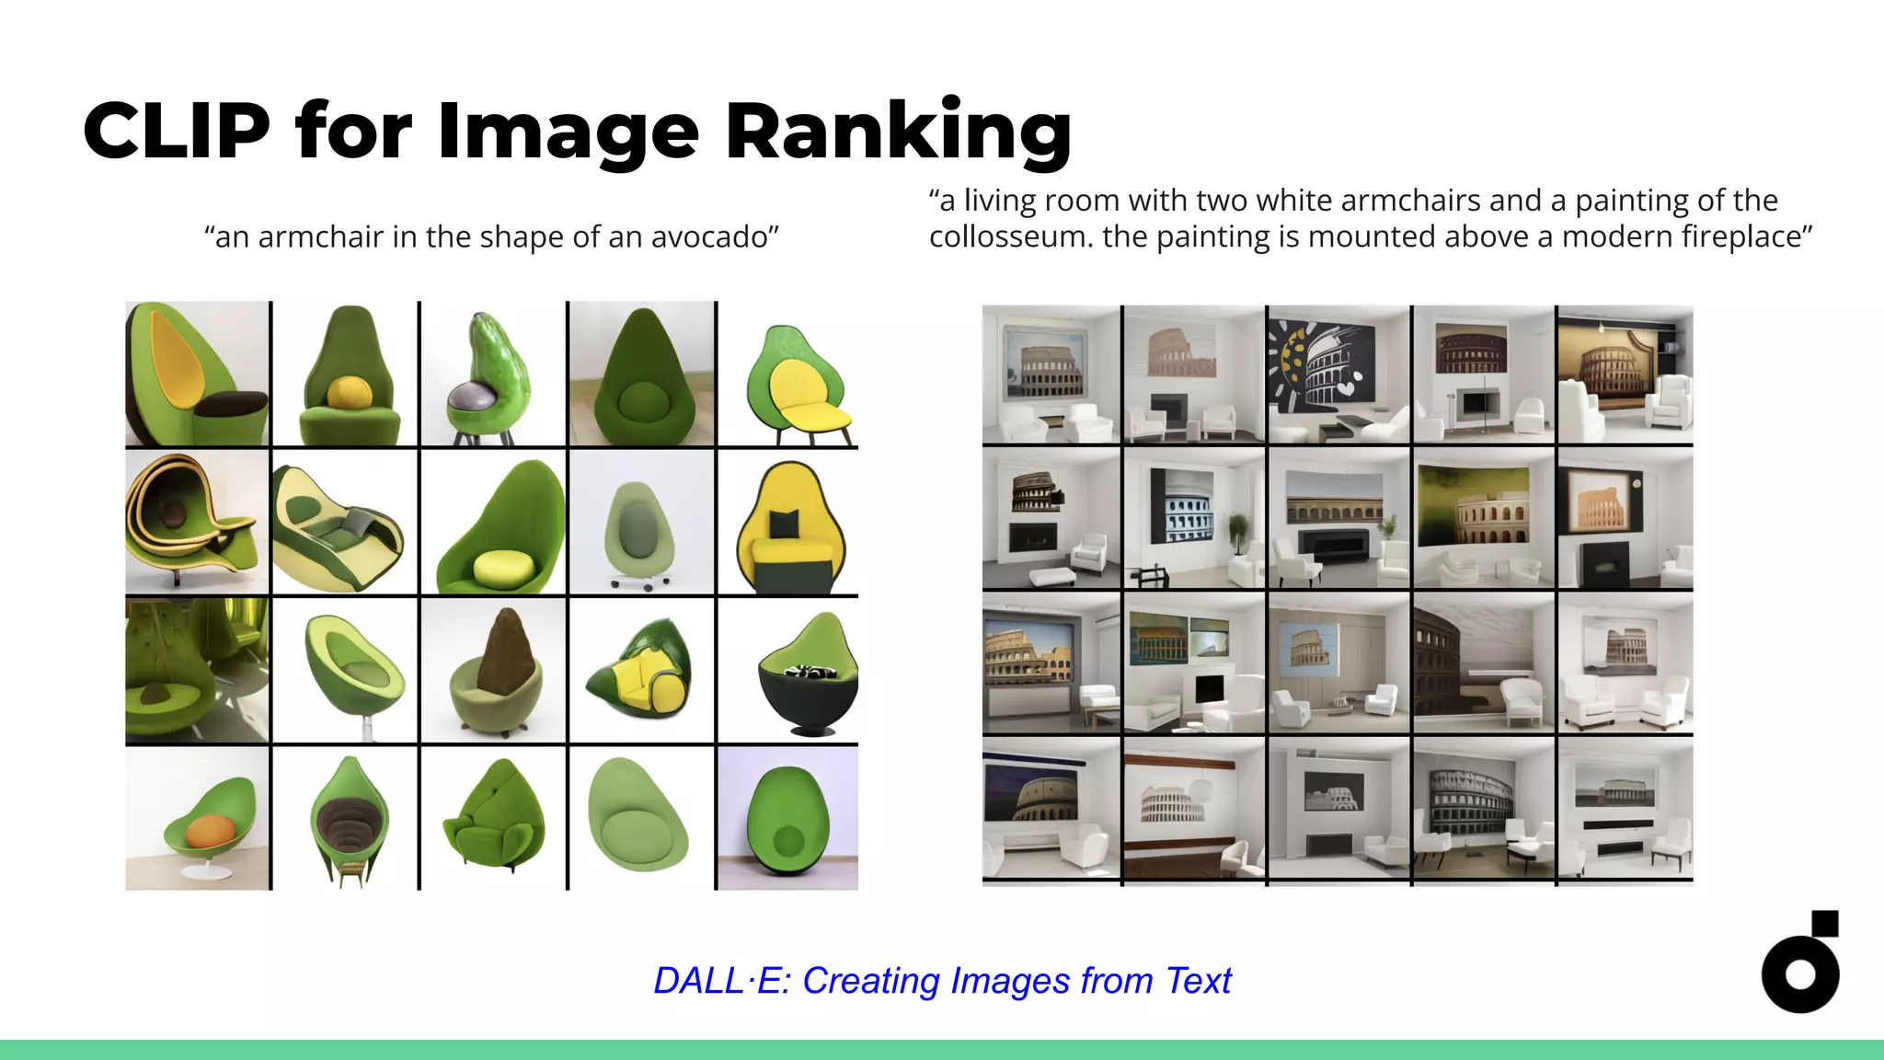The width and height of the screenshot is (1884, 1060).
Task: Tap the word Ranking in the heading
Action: coord(898,131)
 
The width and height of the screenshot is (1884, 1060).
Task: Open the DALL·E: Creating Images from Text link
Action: coord(942,981)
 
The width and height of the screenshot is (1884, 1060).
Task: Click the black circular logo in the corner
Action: coord(1800,974)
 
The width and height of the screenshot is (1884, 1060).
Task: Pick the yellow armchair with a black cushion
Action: coord(787,523)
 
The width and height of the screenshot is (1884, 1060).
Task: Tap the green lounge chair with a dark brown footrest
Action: coord(197,374)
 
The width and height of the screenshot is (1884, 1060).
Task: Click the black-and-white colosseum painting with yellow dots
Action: coord(1337,374)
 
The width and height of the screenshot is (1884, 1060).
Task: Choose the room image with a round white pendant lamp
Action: coord(1194,810)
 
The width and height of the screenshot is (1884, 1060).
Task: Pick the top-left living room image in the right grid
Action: coord(1051,374)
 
